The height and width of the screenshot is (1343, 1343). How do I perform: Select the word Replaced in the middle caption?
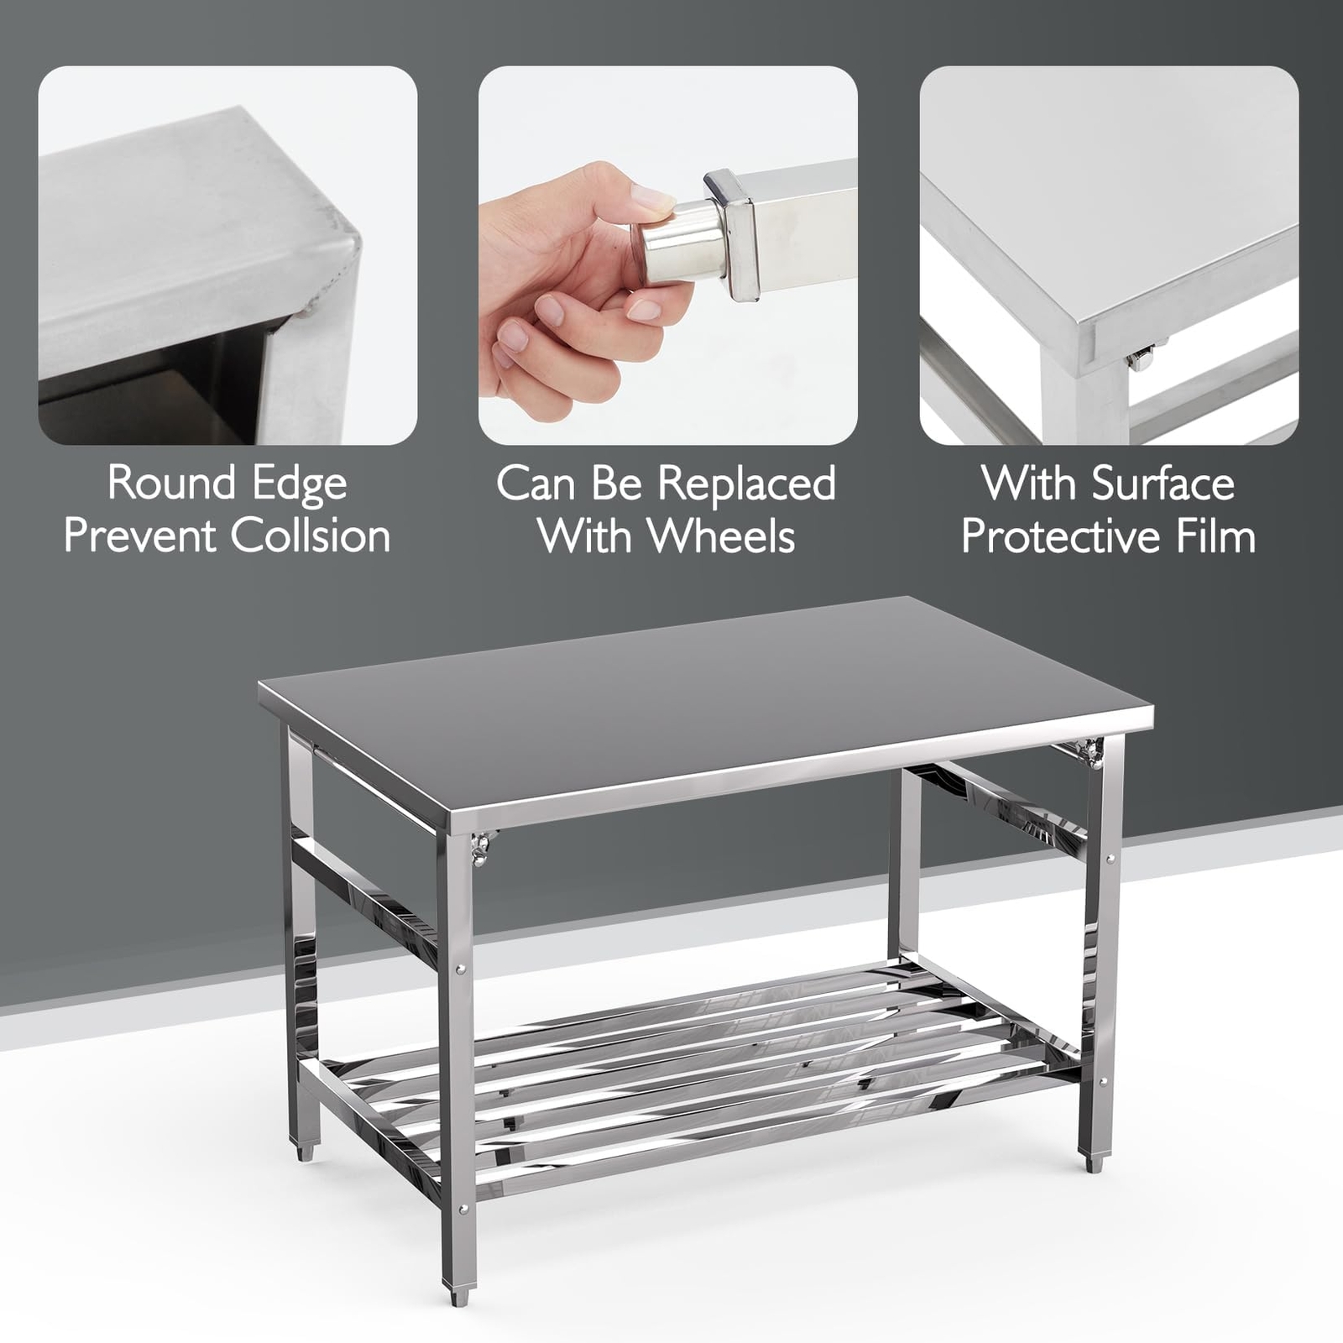pyautogui.click(x=746, y=483)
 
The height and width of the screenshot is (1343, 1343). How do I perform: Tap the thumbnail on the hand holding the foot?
pyautogui.click(x=651, y=198)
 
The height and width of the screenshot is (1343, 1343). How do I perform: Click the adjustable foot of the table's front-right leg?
pyautogui.click(x=1093, y=1163)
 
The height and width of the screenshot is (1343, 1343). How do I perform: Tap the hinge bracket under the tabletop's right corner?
pyautogui.click(x=1091, y=751)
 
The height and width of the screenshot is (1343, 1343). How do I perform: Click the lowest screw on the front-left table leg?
pyautogui.click(x=463, y=1210)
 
